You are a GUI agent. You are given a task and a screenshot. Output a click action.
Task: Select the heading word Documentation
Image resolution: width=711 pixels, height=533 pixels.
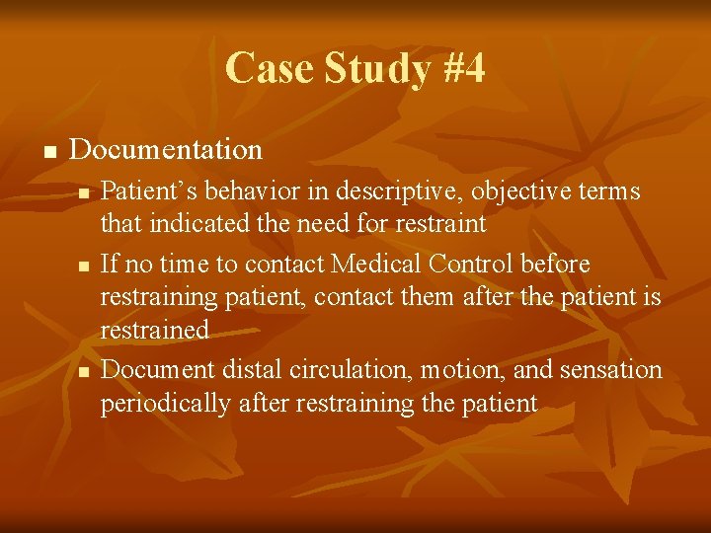point(166,150)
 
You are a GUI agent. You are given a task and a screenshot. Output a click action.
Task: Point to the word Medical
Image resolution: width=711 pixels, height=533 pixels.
point(376,265)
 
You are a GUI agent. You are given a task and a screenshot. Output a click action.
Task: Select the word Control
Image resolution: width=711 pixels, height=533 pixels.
point(468,265)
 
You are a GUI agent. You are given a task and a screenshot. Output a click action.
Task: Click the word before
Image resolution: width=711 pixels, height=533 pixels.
point(555,265)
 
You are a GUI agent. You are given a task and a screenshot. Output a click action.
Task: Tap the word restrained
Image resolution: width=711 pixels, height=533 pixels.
point(154,331)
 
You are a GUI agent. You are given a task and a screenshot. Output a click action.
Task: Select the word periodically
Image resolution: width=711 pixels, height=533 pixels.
point(165,404)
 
